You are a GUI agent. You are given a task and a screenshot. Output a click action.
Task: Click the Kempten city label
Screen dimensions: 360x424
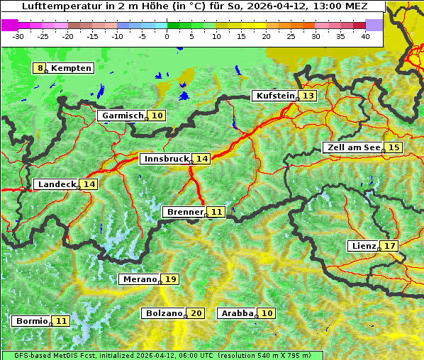(71, 68)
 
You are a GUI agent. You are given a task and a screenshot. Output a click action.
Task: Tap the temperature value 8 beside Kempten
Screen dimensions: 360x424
(40, 68)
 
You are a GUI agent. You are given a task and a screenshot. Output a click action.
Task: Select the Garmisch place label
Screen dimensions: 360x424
(123, 116)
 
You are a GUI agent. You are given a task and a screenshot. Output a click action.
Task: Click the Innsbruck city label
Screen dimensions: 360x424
(165, 159)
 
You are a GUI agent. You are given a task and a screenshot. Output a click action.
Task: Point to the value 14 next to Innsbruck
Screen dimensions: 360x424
(202, 159)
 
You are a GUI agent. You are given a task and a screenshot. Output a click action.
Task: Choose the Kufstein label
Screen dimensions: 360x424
(274, 96)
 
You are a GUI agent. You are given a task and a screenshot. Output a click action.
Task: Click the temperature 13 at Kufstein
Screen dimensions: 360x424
(308, 96)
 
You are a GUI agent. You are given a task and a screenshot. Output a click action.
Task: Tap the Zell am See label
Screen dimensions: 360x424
(352, 147)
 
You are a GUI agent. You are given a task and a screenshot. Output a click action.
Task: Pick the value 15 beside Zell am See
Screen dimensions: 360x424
(394, 147)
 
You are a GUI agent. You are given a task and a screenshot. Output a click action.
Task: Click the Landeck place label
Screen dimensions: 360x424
(56, 184)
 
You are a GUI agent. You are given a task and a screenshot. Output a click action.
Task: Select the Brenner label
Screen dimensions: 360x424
(184, 212)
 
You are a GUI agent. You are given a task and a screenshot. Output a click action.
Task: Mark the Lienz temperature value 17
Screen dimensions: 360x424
(390, 246)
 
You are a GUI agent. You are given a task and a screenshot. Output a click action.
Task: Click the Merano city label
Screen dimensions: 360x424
(139, 279)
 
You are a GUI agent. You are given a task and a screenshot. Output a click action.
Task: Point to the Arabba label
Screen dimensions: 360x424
(238, 313)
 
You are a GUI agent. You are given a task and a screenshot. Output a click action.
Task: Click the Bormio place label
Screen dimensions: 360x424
(31, 321)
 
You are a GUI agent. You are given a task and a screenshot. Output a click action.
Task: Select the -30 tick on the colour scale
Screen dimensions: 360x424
(18, 35)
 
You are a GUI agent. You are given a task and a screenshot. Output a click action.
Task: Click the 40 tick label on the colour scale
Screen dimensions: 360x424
(365, 35)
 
